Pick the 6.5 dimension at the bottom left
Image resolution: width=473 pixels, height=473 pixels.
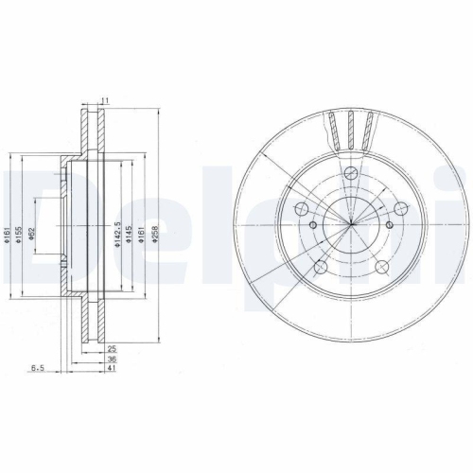(37, 368)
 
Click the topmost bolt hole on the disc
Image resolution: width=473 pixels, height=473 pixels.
(350, 172)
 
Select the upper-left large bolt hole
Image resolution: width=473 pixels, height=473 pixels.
(303, 210)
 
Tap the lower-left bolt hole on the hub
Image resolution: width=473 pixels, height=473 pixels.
(322, 266)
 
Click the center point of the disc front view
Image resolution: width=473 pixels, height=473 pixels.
(350, 224)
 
